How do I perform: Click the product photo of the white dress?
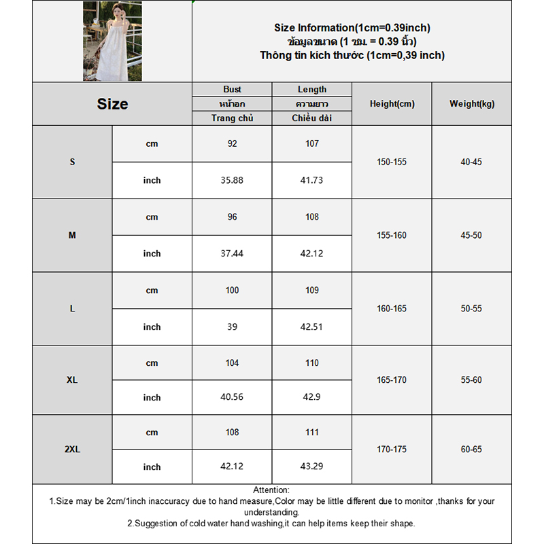(x=112, y=41)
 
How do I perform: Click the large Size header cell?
(x=112, y=104)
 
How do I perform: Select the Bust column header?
(x=232, y=90)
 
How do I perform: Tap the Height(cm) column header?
(x=392, y=104)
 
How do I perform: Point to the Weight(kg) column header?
(x=472, y=104)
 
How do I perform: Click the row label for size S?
(x=72, y=162)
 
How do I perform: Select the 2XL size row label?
(x=72, y=449)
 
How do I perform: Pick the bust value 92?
(x=232, y=143)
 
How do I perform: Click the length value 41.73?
(x=312, y=180)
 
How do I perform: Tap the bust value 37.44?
(x=232, y=254)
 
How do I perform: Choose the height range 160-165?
(x=392, y=309)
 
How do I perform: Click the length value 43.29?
(x=312, y=467)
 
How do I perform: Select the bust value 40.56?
(x=232, y=397)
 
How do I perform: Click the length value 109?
(x=312, y=290)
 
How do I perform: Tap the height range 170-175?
(x=392, y=449)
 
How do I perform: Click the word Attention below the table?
(x=271, y=490)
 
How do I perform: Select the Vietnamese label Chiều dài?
(x=312, y=118)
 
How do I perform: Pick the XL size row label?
(x=72, y=380)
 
